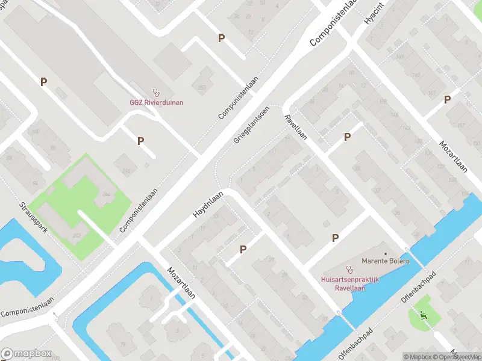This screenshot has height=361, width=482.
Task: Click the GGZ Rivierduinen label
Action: pyautogui.click(x=157, y=102)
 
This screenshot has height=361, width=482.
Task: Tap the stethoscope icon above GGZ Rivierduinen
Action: pyautogui.click(x=157, y=93)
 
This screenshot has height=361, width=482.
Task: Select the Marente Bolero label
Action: pyautogui.click(x=385, y=261)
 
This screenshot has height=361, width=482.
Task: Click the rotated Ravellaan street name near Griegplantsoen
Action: pyautogui.click(x=296, y=127)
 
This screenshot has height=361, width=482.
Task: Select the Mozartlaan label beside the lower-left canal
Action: pyautogui.click(x=182, y=283)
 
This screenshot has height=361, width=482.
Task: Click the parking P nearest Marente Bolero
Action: pyautogui.click(x=335, y=238)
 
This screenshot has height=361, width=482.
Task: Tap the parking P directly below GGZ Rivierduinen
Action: pyautogui.click(x=141, y=141)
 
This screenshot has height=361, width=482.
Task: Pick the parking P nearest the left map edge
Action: pyautogui.click(x=43, y=82)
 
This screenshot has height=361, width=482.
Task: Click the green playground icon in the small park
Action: pyautogui.click(x=423, y=314)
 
